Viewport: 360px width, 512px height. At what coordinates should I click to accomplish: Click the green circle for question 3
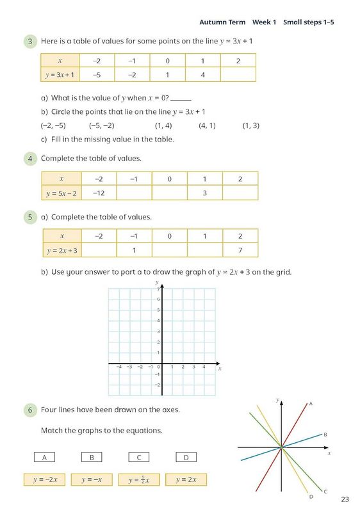31,42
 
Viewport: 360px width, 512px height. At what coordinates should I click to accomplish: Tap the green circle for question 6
31,410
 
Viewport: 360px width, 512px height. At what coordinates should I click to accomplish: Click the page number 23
345,499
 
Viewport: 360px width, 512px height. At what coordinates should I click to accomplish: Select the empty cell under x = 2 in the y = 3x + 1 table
238,75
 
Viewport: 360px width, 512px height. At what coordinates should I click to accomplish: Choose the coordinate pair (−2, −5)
53,125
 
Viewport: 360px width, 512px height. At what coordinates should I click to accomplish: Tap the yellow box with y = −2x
44,479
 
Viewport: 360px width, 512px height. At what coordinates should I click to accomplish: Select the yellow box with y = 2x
186,479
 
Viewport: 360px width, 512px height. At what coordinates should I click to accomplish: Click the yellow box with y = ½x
138,479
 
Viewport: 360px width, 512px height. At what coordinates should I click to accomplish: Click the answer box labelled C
138,457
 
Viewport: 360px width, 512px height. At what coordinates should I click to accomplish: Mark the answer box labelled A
44,457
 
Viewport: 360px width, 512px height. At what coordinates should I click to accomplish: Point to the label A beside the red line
311,404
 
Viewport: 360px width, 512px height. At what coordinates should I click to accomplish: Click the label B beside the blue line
325,435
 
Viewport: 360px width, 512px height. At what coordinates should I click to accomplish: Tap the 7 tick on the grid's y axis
158,290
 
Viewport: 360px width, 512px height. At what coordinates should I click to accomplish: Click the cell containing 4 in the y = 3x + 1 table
203,75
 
